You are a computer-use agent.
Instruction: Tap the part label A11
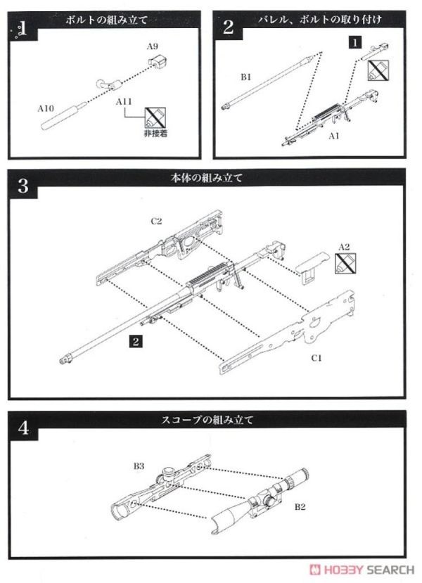pyautogui.click(x=124, y=103)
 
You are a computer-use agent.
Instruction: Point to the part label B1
pyautogui.click(x=245, y=77)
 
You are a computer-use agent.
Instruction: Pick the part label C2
pyautogui.click(x=156, y=221)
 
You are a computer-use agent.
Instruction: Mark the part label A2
pyautogui.click(x=344, y=246)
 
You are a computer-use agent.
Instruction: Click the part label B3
pyautogui.click(x=138, y=466)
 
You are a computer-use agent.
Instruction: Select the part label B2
pyautogui.click(x=300, y=506)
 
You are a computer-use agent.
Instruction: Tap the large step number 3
pyautogui.click(x=23, y=186)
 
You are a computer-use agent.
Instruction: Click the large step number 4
pyautogui.click(x=23, y=428)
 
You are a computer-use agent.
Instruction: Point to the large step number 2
pyautogui.click(x=229, y=27)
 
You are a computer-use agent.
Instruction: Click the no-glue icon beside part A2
pyautogui.click(x=344, y=264)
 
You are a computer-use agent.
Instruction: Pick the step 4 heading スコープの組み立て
pyautogui.click(x=207, y=421)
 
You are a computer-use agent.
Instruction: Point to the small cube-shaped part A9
pyautogui.click(x=156, y=62)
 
